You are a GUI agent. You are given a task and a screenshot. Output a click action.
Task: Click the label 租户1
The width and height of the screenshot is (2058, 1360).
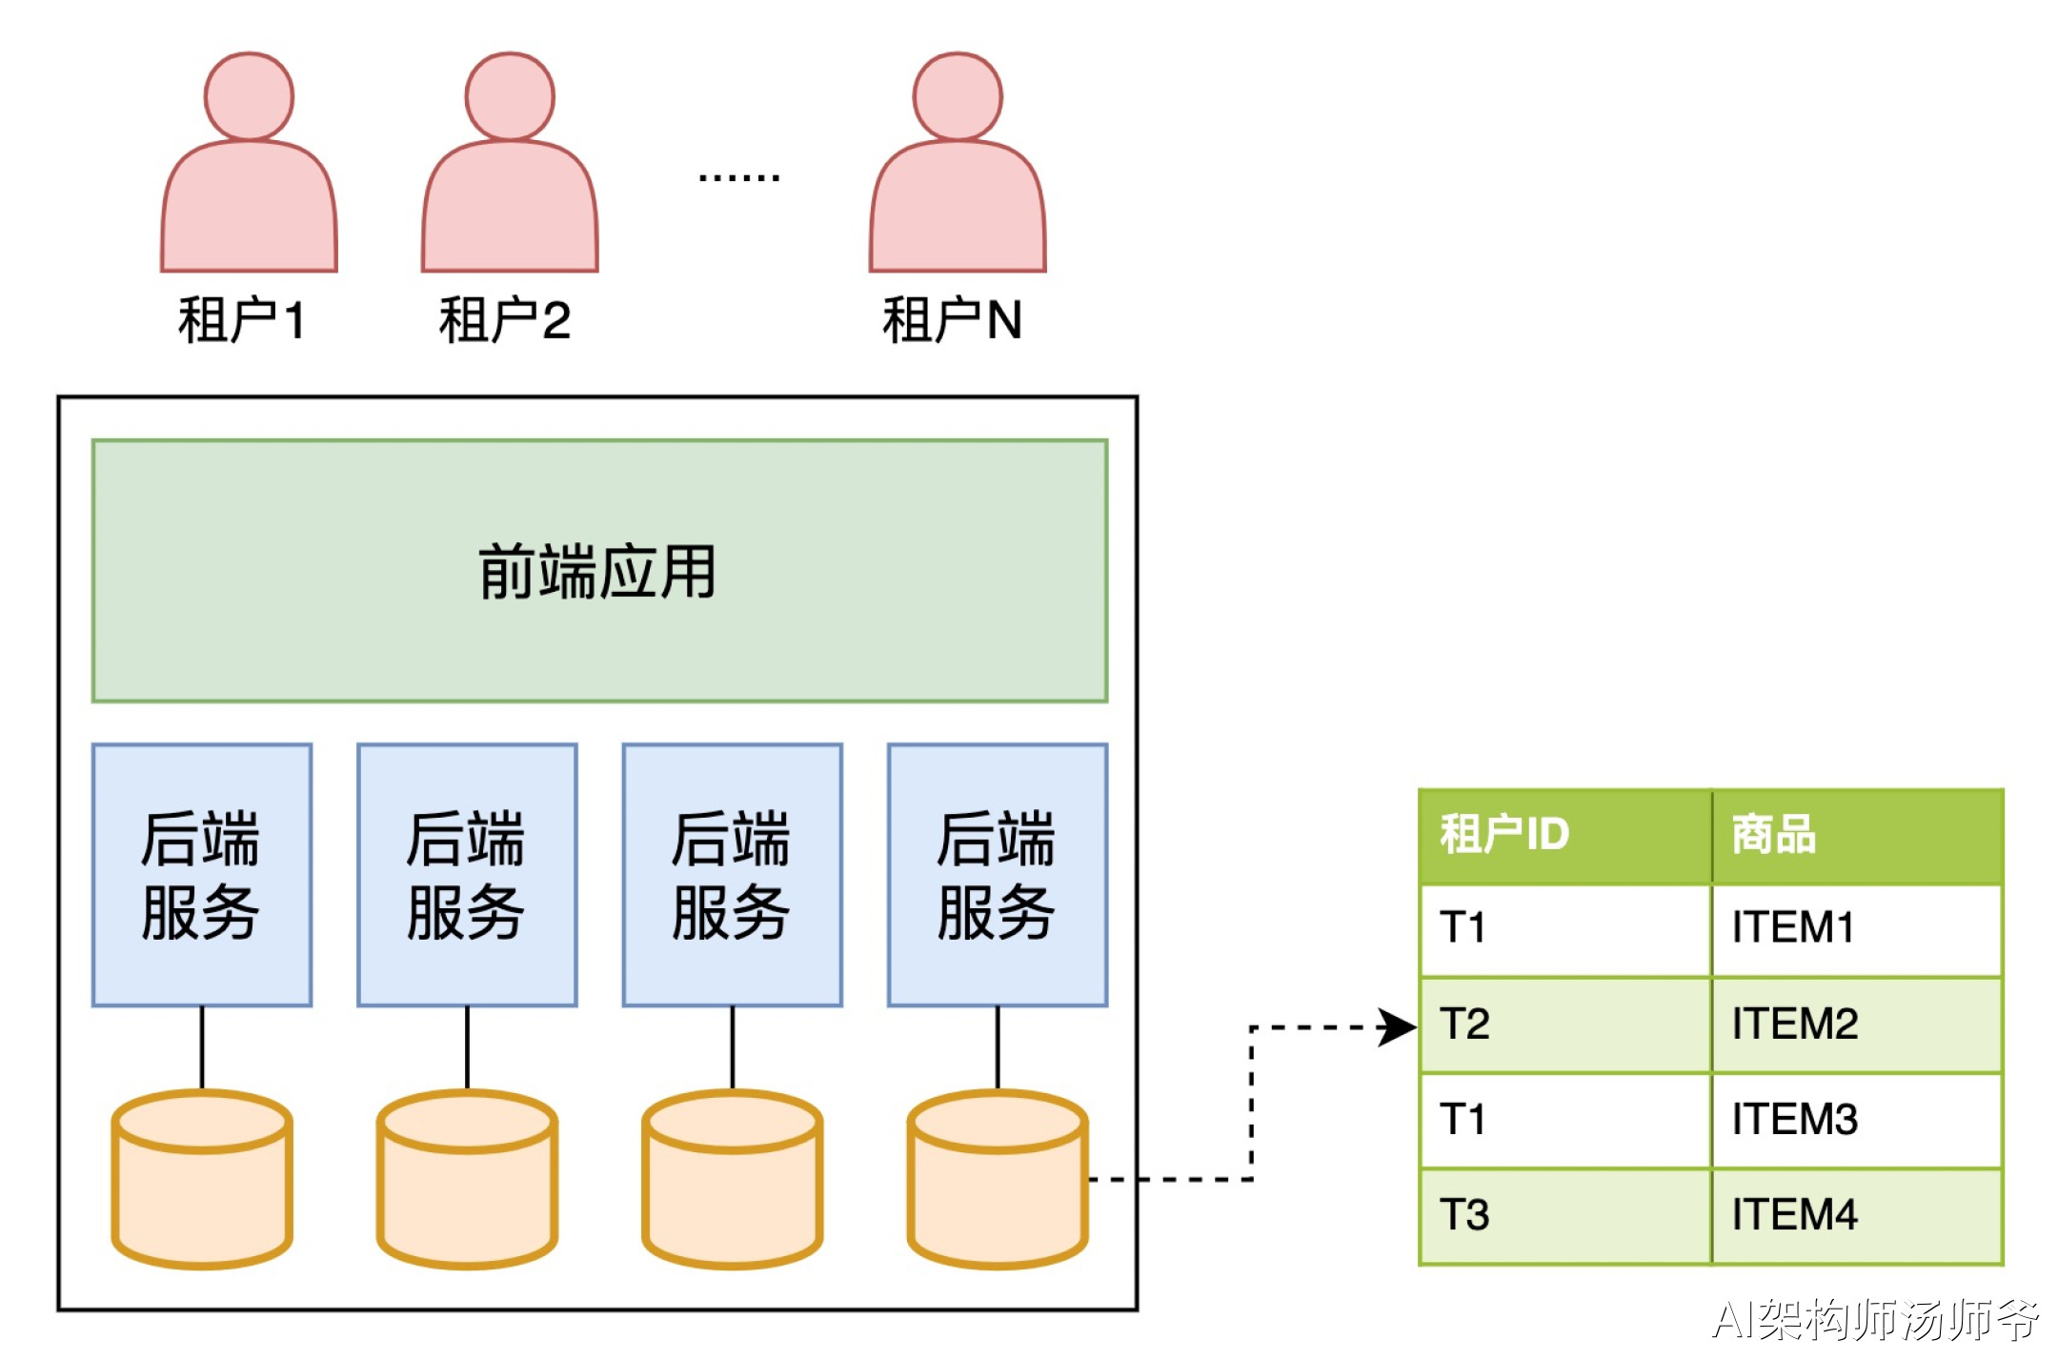coord(241,319)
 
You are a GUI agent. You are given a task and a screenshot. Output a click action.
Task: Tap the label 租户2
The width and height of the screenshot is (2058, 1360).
coord(504,319)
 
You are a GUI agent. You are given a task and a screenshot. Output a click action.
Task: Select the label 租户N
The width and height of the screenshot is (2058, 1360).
coord(952,319)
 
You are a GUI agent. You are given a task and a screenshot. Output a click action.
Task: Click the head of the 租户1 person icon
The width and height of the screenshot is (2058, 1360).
coord(249,96)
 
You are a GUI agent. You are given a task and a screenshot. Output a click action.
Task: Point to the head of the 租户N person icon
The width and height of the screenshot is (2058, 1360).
coord(958,96)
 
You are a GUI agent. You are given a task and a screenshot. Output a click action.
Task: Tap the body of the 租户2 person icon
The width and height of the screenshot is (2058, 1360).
coord(510,214)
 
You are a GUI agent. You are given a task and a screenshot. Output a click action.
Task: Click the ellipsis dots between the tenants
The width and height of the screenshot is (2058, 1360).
coord(738,177)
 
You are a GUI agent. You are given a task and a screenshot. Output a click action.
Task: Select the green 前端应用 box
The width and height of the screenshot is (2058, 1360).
coord(599,571)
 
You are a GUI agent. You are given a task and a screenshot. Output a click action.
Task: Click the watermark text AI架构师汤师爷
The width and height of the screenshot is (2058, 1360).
coord(1874,1320)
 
